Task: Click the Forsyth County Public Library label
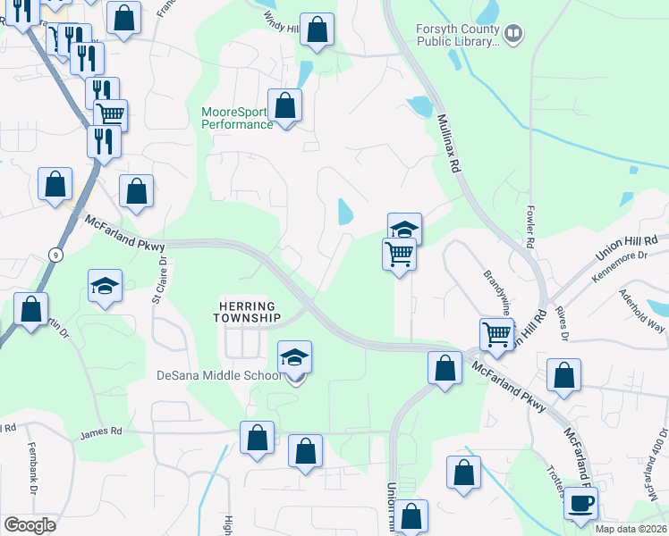(457, 35)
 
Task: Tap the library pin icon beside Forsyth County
(513, 35)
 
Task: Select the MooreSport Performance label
(237, 118)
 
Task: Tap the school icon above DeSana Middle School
(294, 357)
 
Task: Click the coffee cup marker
(580, 503)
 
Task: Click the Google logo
(30, 525)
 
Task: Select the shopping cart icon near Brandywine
(495, 335)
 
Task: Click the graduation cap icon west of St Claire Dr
(105, 287)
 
